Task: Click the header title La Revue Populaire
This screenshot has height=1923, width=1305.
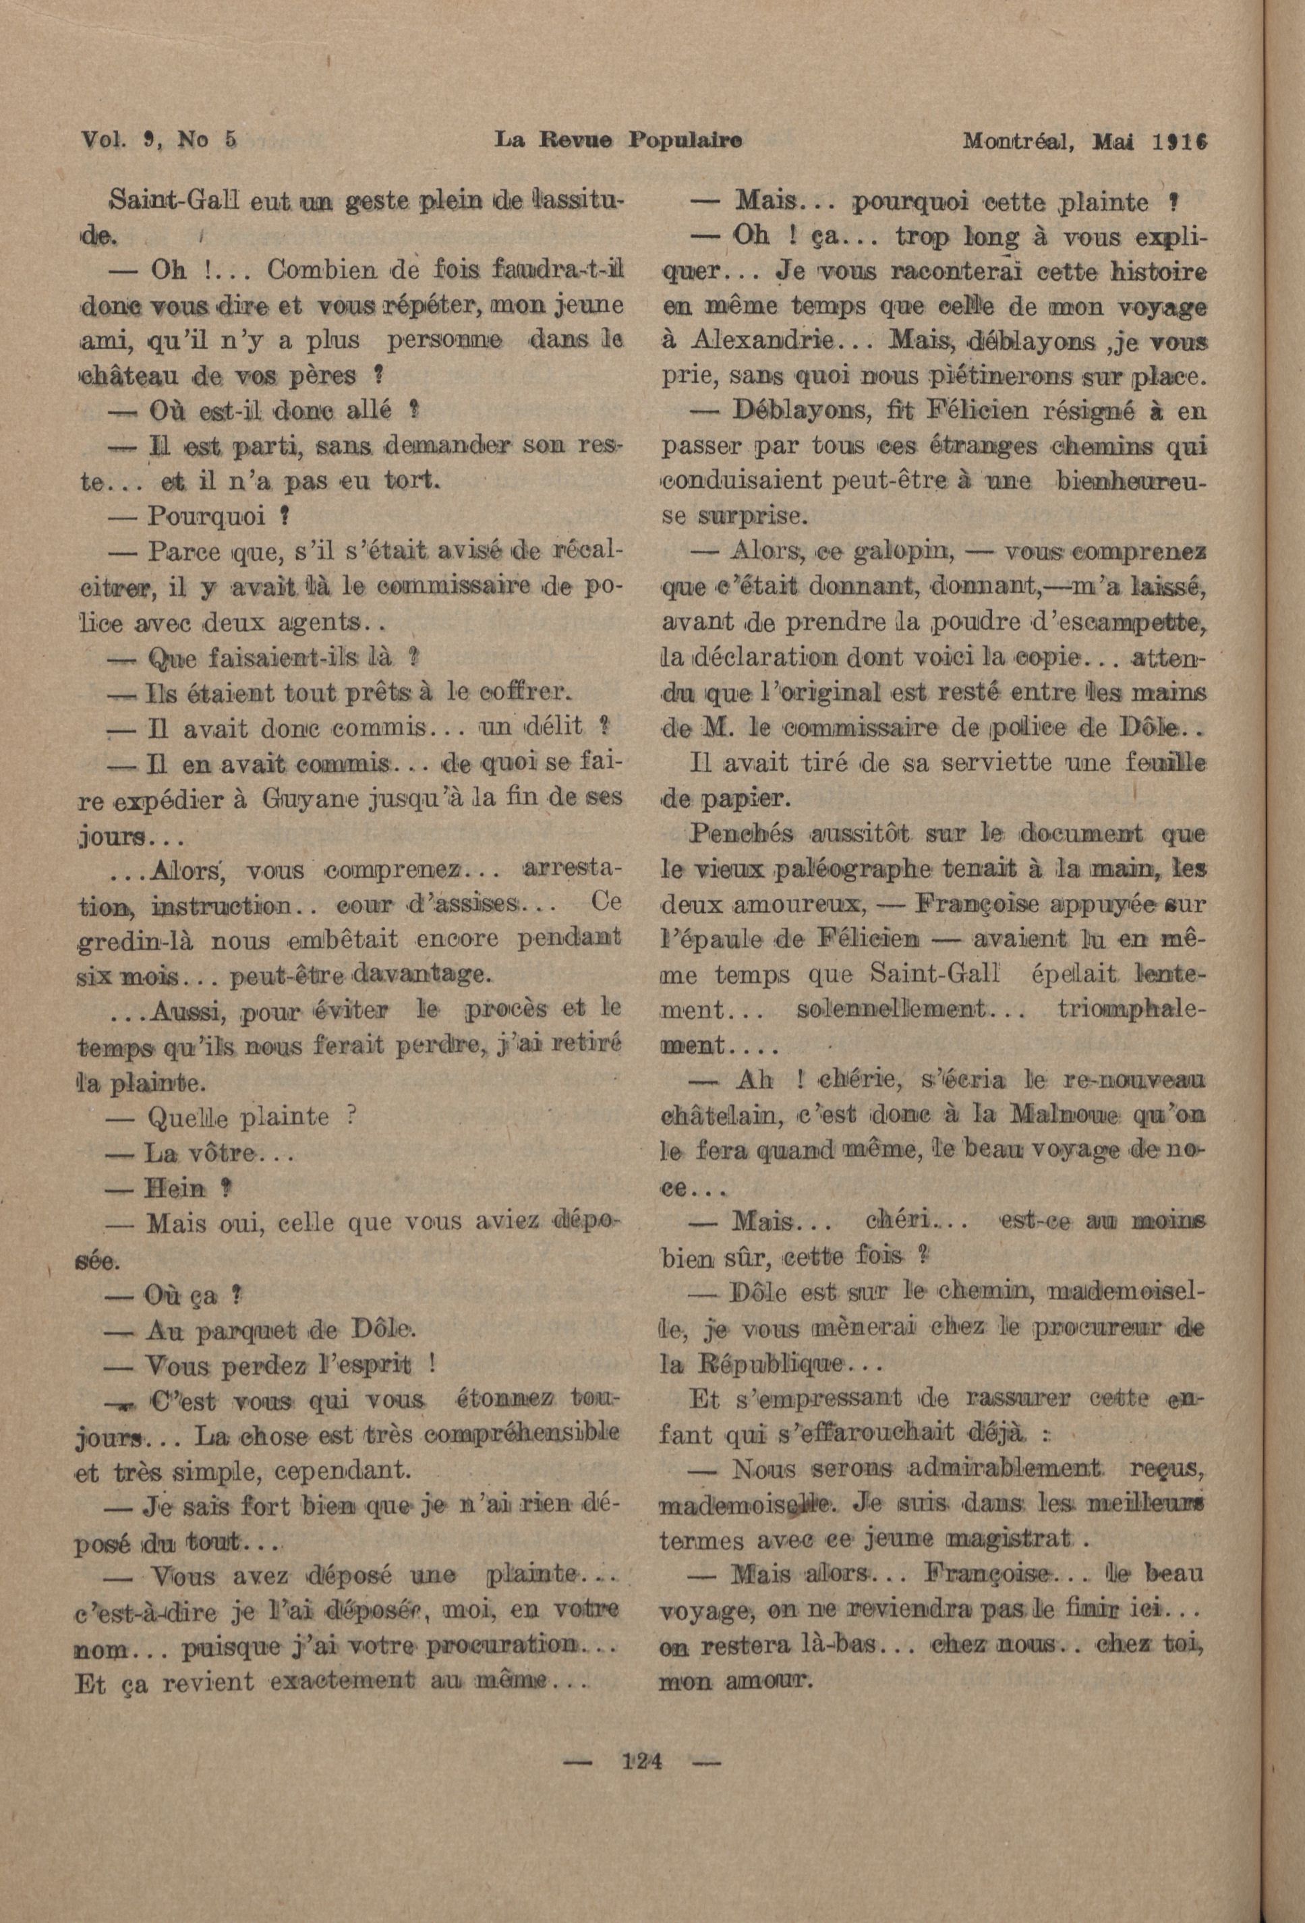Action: (617, 141)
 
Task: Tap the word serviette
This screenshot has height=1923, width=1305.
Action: (972, 762)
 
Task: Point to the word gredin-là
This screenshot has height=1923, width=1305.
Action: (135, 941)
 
